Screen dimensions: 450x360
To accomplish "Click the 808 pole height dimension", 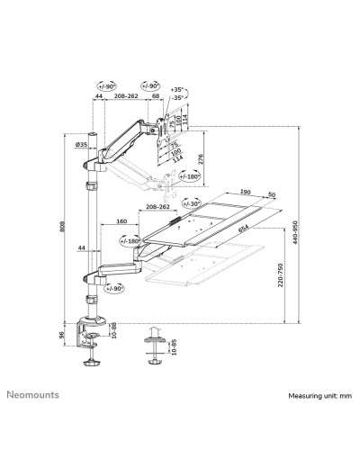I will coord(62,229).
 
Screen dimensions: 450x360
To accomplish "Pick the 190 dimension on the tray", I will coord(245,191).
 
